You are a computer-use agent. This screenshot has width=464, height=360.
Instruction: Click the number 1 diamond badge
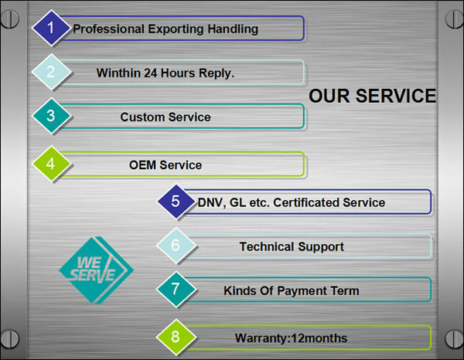(51, 28)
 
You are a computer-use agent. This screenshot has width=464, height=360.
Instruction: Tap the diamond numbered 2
(51, 72)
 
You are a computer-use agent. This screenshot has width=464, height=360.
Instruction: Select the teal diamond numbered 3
(51, 116)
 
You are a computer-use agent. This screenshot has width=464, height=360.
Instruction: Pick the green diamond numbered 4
(51, 164)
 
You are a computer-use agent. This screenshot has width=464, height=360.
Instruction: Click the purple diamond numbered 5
(176, 202)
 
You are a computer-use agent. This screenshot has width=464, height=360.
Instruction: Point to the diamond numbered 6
(176, 246)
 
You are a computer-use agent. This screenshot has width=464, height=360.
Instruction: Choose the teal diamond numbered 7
(176, 289)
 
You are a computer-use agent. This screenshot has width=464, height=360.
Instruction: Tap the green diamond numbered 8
(176, 337)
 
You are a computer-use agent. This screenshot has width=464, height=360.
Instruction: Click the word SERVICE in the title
(396, 96)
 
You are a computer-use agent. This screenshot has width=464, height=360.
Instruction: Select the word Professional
(108, 29)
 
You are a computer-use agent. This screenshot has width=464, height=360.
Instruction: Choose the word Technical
(267, 246)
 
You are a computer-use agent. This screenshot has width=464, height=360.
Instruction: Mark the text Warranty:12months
(292, 338)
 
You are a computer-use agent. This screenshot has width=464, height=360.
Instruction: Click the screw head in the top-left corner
(9, 19)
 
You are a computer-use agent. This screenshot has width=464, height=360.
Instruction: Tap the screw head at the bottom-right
(454, 339)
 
